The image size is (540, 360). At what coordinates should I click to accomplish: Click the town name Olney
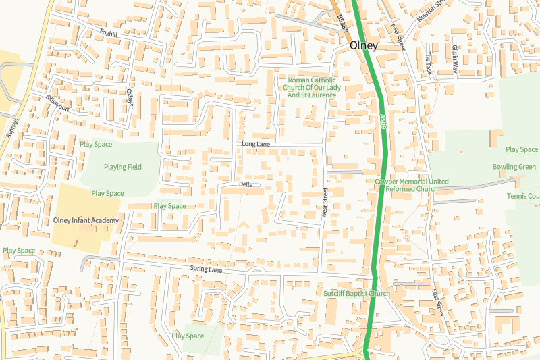pos(364,46)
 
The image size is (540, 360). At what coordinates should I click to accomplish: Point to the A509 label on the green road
pos(382,122)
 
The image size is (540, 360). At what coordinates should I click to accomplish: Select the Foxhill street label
pos(108,32)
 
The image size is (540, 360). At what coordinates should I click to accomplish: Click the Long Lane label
pos(255,145)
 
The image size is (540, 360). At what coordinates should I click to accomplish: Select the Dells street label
pos(245,184)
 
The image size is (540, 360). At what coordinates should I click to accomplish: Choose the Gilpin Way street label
pos(455,59)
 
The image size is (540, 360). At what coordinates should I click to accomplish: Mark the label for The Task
pos(427,63)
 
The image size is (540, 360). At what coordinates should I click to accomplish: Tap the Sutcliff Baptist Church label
pos(356,294)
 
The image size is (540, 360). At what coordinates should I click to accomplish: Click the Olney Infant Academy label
pos(86,221)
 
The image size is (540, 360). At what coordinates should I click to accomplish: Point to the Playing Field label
pos(123,167)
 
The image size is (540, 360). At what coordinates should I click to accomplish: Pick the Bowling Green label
pos(514,167)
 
